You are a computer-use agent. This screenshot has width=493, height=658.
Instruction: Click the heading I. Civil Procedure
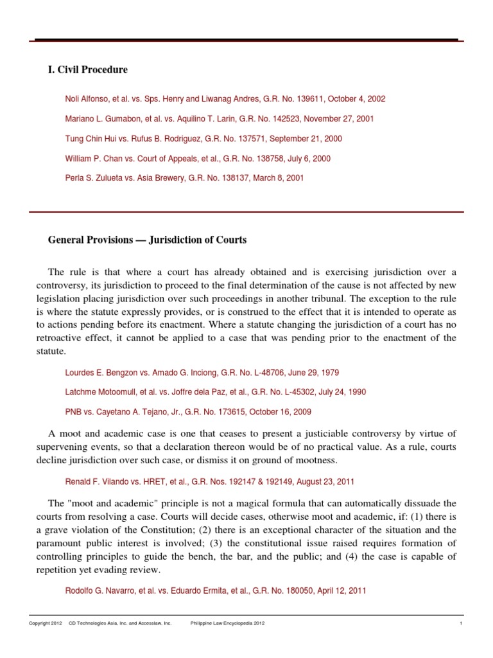click(88, 69)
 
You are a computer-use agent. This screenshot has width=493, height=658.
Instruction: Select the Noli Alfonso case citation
click(225, 100)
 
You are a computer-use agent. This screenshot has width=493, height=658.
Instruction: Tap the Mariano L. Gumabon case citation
click(220, 119)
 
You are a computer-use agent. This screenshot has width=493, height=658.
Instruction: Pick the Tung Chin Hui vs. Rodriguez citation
click(203, 138)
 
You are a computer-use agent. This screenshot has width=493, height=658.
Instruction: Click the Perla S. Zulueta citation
click(184, 177)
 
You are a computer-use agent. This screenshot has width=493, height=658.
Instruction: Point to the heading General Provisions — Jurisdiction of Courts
click(147, 240)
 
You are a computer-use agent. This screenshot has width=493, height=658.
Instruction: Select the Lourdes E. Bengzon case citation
click(202, 372)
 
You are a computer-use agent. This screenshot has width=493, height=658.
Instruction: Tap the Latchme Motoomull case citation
click(216, 391)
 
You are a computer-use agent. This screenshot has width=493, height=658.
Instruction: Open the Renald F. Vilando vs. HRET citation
click(209, 481)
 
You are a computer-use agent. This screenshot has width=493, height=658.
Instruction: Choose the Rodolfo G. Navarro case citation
click(216, 591)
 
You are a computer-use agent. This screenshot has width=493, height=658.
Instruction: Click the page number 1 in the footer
click(461, 623)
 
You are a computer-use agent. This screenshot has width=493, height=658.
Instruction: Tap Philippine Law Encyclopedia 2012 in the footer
click(228, 623)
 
